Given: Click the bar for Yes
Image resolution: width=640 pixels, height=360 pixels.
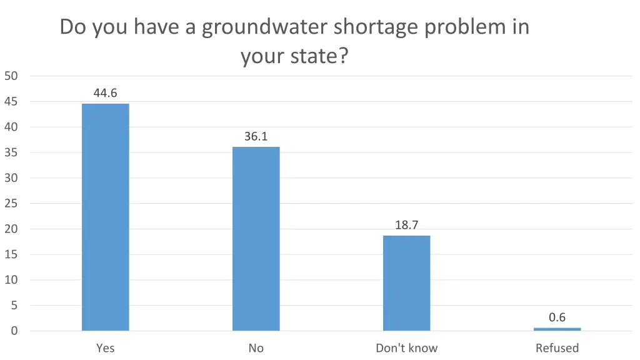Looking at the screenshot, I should click(105, 217).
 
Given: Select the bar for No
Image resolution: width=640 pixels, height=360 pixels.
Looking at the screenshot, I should click(256, 239).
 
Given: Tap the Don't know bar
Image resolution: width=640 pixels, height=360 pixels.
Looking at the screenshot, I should click(406, 282).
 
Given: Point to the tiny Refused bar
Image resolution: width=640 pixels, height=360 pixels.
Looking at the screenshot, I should click(557, 329).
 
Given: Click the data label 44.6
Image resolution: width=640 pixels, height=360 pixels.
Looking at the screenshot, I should click(105, 93).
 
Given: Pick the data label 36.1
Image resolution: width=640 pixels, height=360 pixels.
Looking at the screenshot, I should click(256, 136).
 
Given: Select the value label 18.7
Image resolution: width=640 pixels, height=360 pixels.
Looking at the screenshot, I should click(406, 225).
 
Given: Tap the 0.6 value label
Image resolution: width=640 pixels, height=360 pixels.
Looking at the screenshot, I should click(557, 317).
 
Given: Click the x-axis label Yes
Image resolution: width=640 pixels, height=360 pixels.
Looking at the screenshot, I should click(105, 348).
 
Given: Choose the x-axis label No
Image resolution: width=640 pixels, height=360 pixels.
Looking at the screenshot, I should click(256, 348).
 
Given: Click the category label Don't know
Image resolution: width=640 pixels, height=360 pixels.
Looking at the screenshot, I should click(406, 348).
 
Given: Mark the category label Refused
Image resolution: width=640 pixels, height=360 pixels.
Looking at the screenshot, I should click(557, 348).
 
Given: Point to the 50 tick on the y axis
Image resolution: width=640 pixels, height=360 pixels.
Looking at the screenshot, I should click(11, 76).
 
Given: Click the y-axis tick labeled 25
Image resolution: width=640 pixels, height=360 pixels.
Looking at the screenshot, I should click(11, 204).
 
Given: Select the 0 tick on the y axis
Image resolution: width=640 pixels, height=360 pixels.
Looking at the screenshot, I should click(14, 331).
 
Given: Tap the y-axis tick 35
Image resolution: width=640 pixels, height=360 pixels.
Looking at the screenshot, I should click(11, 152).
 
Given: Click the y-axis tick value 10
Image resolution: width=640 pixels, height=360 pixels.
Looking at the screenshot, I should click(11, 280).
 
